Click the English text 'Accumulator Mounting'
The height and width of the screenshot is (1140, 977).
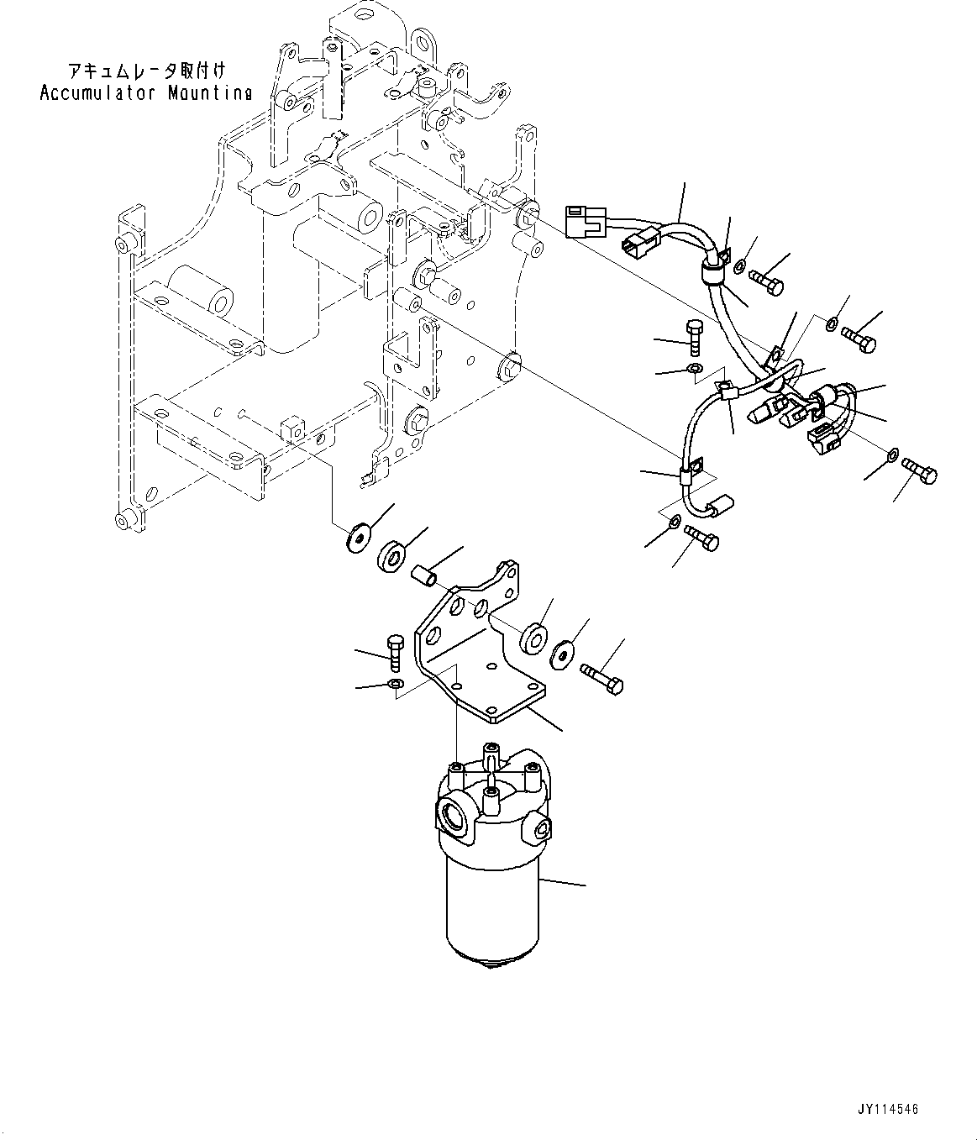point(145,92)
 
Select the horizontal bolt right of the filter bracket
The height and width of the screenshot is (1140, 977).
point(601,677)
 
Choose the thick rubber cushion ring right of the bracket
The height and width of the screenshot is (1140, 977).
point(533,638)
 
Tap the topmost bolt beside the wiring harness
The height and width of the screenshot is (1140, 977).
point(765,281)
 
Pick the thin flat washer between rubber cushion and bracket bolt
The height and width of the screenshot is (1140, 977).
point(564,654)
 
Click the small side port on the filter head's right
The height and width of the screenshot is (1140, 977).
point(537,832)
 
